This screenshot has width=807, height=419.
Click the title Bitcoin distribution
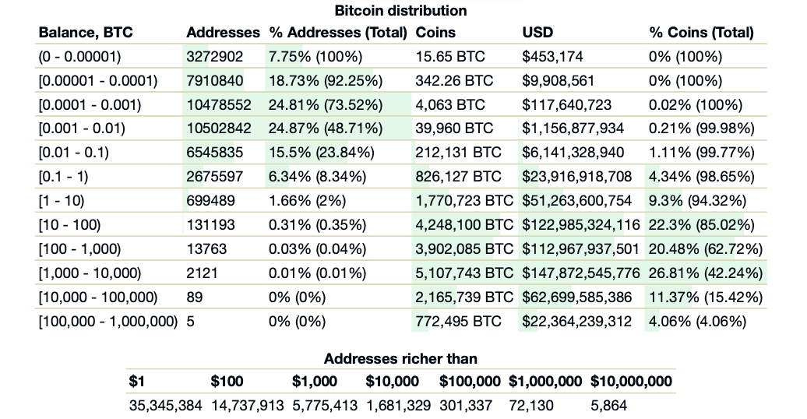(400, 11)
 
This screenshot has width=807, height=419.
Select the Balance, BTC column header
(86, 33)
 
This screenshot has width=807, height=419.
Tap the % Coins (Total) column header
(701, 33)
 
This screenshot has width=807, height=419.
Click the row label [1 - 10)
(62, 201)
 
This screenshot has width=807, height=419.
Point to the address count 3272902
(214, 57)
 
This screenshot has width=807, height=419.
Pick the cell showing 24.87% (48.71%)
(325, 129)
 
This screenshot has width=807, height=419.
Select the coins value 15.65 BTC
(449, 57)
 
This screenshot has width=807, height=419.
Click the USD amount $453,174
(552, 57)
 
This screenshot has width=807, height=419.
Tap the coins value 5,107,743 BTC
(464, 273)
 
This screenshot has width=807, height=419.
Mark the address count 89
(195, 298)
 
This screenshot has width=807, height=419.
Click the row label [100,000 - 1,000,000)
(107, 322)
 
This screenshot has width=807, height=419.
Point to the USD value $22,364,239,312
(576, 322)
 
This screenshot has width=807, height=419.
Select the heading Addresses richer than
(400, 359)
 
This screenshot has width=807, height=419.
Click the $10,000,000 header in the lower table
(631, 382)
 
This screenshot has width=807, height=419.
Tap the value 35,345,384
(165, 406)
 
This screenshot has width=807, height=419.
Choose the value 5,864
(608, 406)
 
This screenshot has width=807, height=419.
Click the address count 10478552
(219, 105)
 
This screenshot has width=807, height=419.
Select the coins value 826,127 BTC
(459, 177)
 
